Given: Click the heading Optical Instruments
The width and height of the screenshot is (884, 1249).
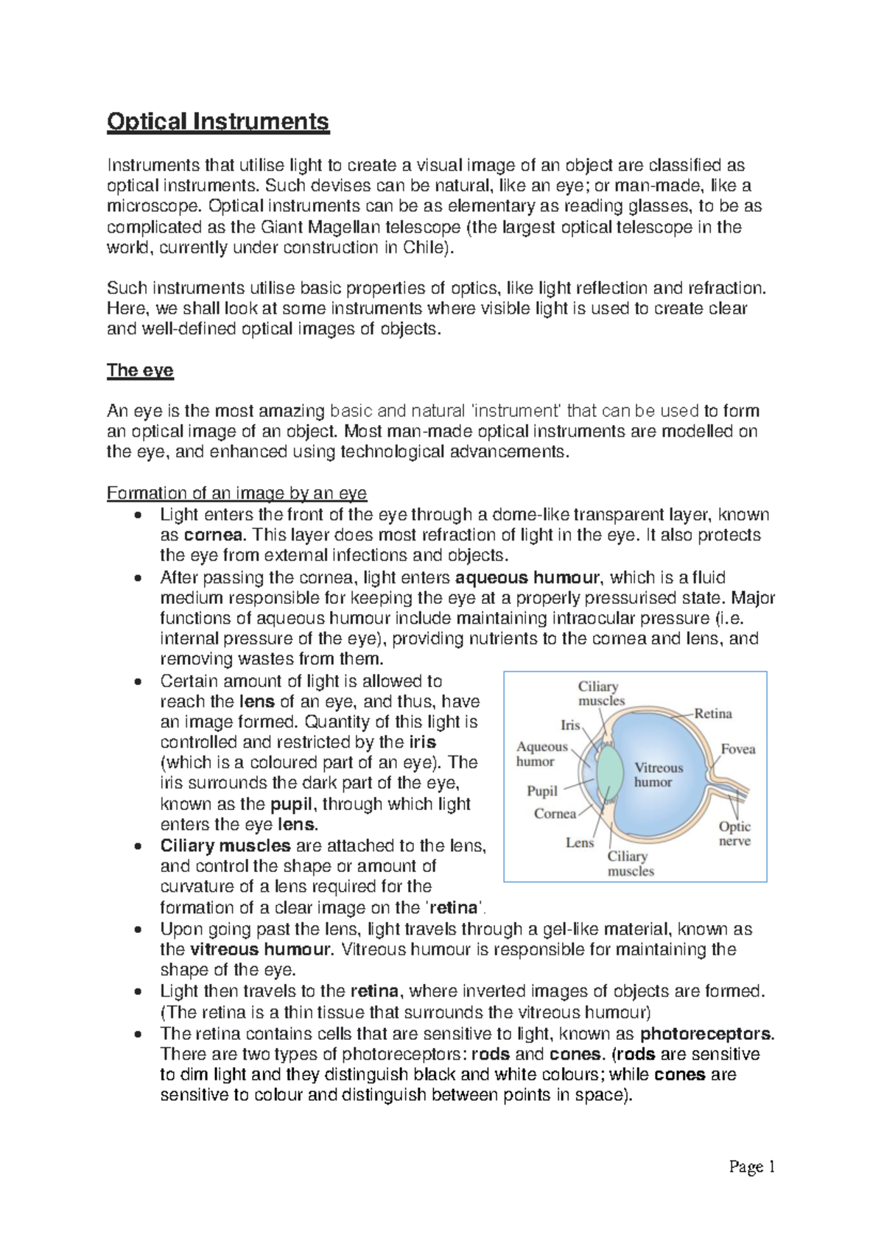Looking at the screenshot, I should click(x=218, y=122).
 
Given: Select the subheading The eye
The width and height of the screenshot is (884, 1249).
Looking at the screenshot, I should click(x=140, y=370).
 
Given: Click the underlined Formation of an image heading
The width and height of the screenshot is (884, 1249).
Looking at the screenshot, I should click(x=236, y=493).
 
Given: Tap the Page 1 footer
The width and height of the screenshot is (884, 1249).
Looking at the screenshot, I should click(x=751, y=1167).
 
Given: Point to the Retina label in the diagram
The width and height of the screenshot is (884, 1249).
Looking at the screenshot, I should click(x=712, y=714).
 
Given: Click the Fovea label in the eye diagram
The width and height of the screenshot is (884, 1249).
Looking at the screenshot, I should click(x=737, y=749).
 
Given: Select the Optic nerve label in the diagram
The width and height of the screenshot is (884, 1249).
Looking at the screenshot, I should click(x=734, y=834).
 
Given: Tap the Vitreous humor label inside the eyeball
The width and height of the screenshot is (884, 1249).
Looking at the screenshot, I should click(x=658, y=775).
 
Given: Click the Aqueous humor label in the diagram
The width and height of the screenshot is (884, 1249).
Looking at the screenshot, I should click(x=541, y=753).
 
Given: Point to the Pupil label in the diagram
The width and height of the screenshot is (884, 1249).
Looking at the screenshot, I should click(x=541, y=791).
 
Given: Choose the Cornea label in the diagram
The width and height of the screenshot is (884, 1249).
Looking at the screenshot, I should click(x=555, y=814).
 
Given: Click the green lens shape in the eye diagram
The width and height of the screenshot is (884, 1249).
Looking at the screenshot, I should click(x=609, y=773).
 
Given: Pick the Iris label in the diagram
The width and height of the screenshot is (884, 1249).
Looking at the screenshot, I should click(x=570, y=725).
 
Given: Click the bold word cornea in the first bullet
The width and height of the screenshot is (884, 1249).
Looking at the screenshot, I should click(x=213, y=535).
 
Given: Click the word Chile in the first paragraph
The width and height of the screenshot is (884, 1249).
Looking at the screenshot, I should click(x=424, y=247).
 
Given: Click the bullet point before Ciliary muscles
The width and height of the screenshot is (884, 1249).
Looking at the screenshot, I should click(x=138, y=847).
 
